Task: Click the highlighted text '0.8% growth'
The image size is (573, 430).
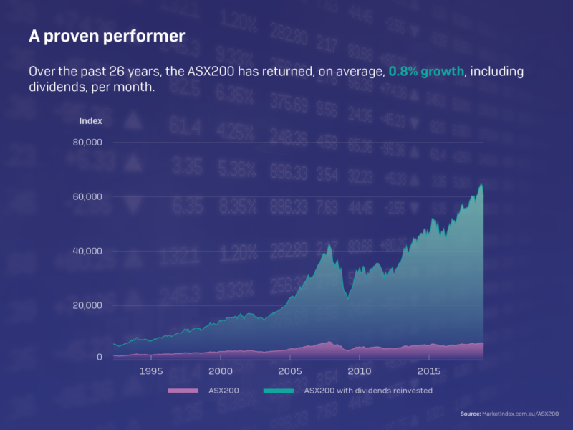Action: coord(426,72)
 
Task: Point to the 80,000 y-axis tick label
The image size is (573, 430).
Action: coord(88,142)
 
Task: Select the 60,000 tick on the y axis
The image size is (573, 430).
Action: coord(88,196)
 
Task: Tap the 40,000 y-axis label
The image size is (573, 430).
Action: coord(88,251)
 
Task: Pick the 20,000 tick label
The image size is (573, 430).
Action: coord(88,305)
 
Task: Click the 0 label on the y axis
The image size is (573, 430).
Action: coord(100,357)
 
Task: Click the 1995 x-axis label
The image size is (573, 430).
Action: coord(150,371)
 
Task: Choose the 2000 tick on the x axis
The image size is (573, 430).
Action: coord(220,371)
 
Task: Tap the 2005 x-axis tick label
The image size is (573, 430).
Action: coord(289,371)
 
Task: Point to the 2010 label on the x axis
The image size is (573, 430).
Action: coord(359,371)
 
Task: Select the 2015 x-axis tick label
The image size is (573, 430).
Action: coord(428,371)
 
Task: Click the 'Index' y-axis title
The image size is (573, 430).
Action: coord(90,120)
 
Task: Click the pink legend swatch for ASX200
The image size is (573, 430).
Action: coord(182,391)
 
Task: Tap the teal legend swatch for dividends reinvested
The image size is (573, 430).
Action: coord(279,391)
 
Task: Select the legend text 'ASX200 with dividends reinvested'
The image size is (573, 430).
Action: coord(368,391)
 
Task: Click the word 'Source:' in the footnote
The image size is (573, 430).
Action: coord(471,414)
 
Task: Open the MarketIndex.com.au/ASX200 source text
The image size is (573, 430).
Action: coord(521,414)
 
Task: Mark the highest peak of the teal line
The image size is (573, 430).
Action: coord(481,185)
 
